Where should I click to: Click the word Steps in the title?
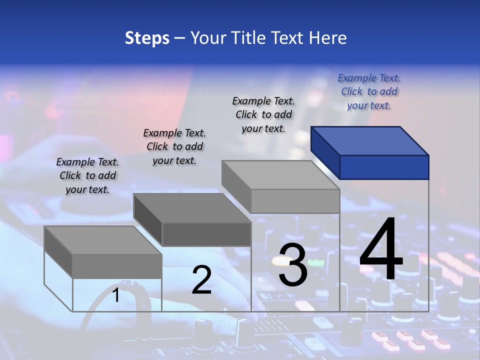[147, 38]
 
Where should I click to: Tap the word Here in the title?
[328, 38]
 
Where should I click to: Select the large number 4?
[381, 250]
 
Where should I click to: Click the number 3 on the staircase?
[292, 265]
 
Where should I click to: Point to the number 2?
[201, 280]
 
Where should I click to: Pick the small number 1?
[115, 295]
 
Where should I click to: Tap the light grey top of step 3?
[280, 174]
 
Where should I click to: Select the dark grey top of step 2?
[191, 207]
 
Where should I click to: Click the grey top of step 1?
[102, 240]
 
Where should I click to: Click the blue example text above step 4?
[369, 91]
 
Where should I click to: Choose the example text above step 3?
[263, 114]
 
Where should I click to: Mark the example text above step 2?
[174, 146]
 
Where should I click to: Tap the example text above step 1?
[87, 175]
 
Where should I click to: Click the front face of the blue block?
[384, 167]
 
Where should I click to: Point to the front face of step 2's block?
[206, 234]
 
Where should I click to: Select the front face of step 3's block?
[295, 201]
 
